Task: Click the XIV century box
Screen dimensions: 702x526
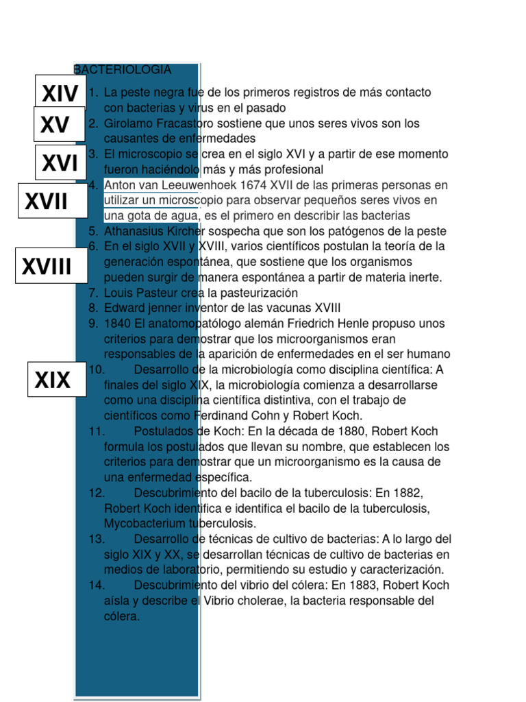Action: click(x=60, y=93)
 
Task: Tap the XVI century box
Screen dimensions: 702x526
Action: click(x=60, y=163)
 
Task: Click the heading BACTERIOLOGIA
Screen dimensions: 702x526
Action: click(x=123, y=70)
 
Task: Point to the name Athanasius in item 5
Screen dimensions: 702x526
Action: click(x=134, y=231)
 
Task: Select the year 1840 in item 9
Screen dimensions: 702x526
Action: click(x=117, y=324)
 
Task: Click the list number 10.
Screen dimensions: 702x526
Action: click(x=96, y=370)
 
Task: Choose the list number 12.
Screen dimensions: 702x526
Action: click(x=96, y=493)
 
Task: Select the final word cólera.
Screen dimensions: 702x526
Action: click(x=122, y=616)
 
